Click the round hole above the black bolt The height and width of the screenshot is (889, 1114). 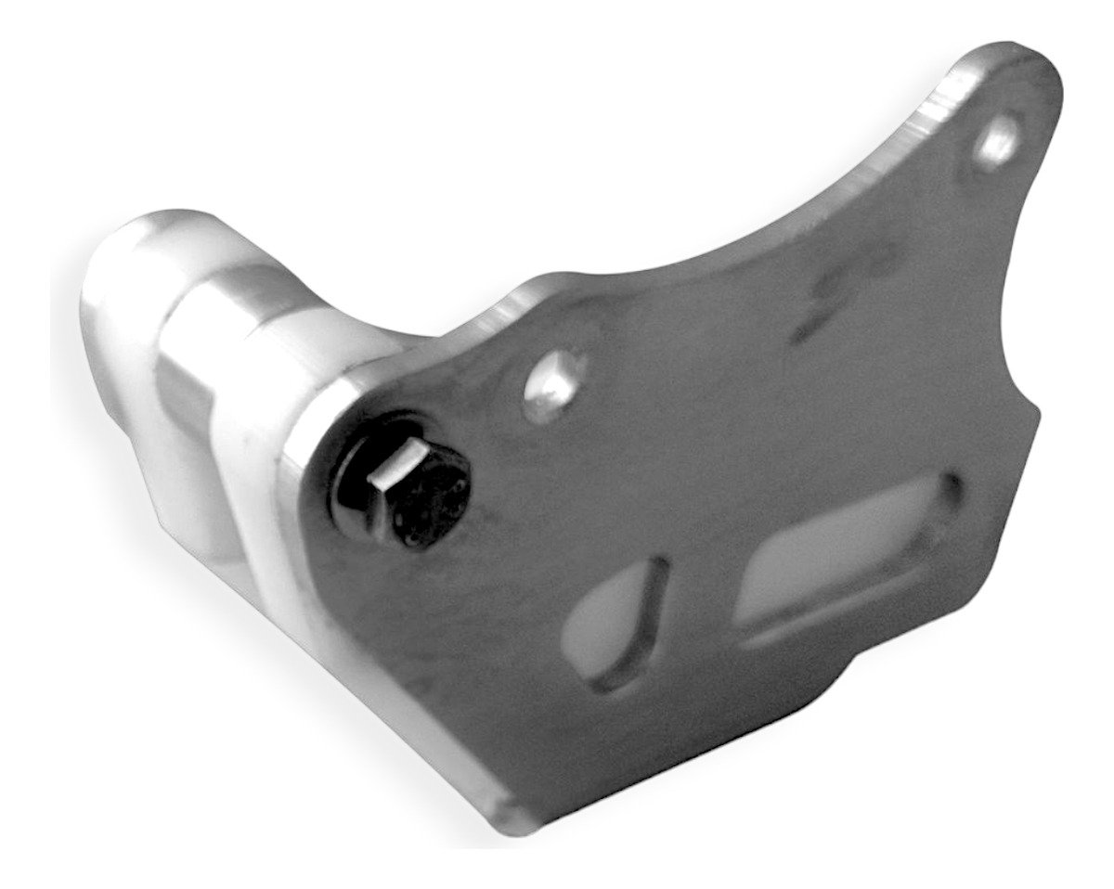click(x=549, y=383)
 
